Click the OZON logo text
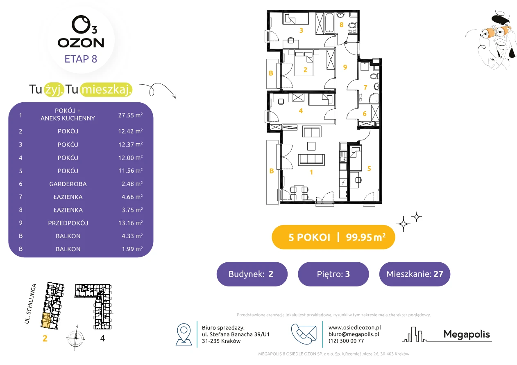pos(81,43)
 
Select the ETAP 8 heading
pos(81,59)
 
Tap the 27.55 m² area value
pos(130,115)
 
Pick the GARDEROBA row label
pos(68,184)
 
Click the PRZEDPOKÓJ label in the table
pos(68,223)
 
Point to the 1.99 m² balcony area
pos(132,249)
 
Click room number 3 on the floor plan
pos(301,30)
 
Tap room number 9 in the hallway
pos(345,67)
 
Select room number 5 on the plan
pos(369,169)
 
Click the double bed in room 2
pos(304,64)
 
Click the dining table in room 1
pos(299,193)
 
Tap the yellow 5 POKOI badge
pos(333,237)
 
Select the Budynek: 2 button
pos(252,274)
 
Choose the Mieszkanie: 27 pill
pos(415,274)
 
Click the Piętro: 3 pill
pos(333,274)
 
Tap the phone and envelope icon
pos(304,334)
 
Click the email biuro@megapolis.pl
pos(354,334)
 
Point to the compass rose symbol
pos(76,338)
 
